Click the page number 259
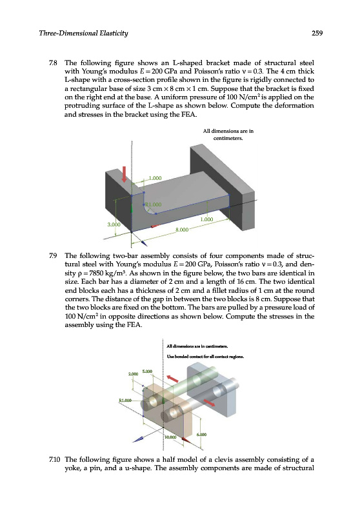(317, 33)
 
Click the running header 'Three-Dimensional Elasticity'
(83, 33)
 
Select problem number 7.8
(53, 63)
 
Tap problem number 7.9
(53, 255)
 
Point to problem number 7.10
(54, 459)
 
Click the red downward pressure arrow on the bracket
(124, 174)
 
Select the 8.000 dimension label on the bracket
(182, 230)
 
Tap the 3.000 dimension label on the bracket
(114, 224)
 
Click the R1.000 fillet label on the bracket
(154, 204)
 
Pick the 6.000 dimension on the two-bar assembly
(202, 434)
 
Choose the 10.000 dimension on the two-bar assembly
(171, 437)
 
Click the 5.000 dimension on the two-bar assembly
(147, 372)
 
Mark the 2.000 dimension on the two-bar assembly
(133, 374)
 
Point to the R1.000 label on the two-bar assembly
(125, 401)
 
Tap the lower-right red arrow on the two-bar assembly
(209, 402)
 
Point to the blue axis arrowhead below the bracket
(143, 243)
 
